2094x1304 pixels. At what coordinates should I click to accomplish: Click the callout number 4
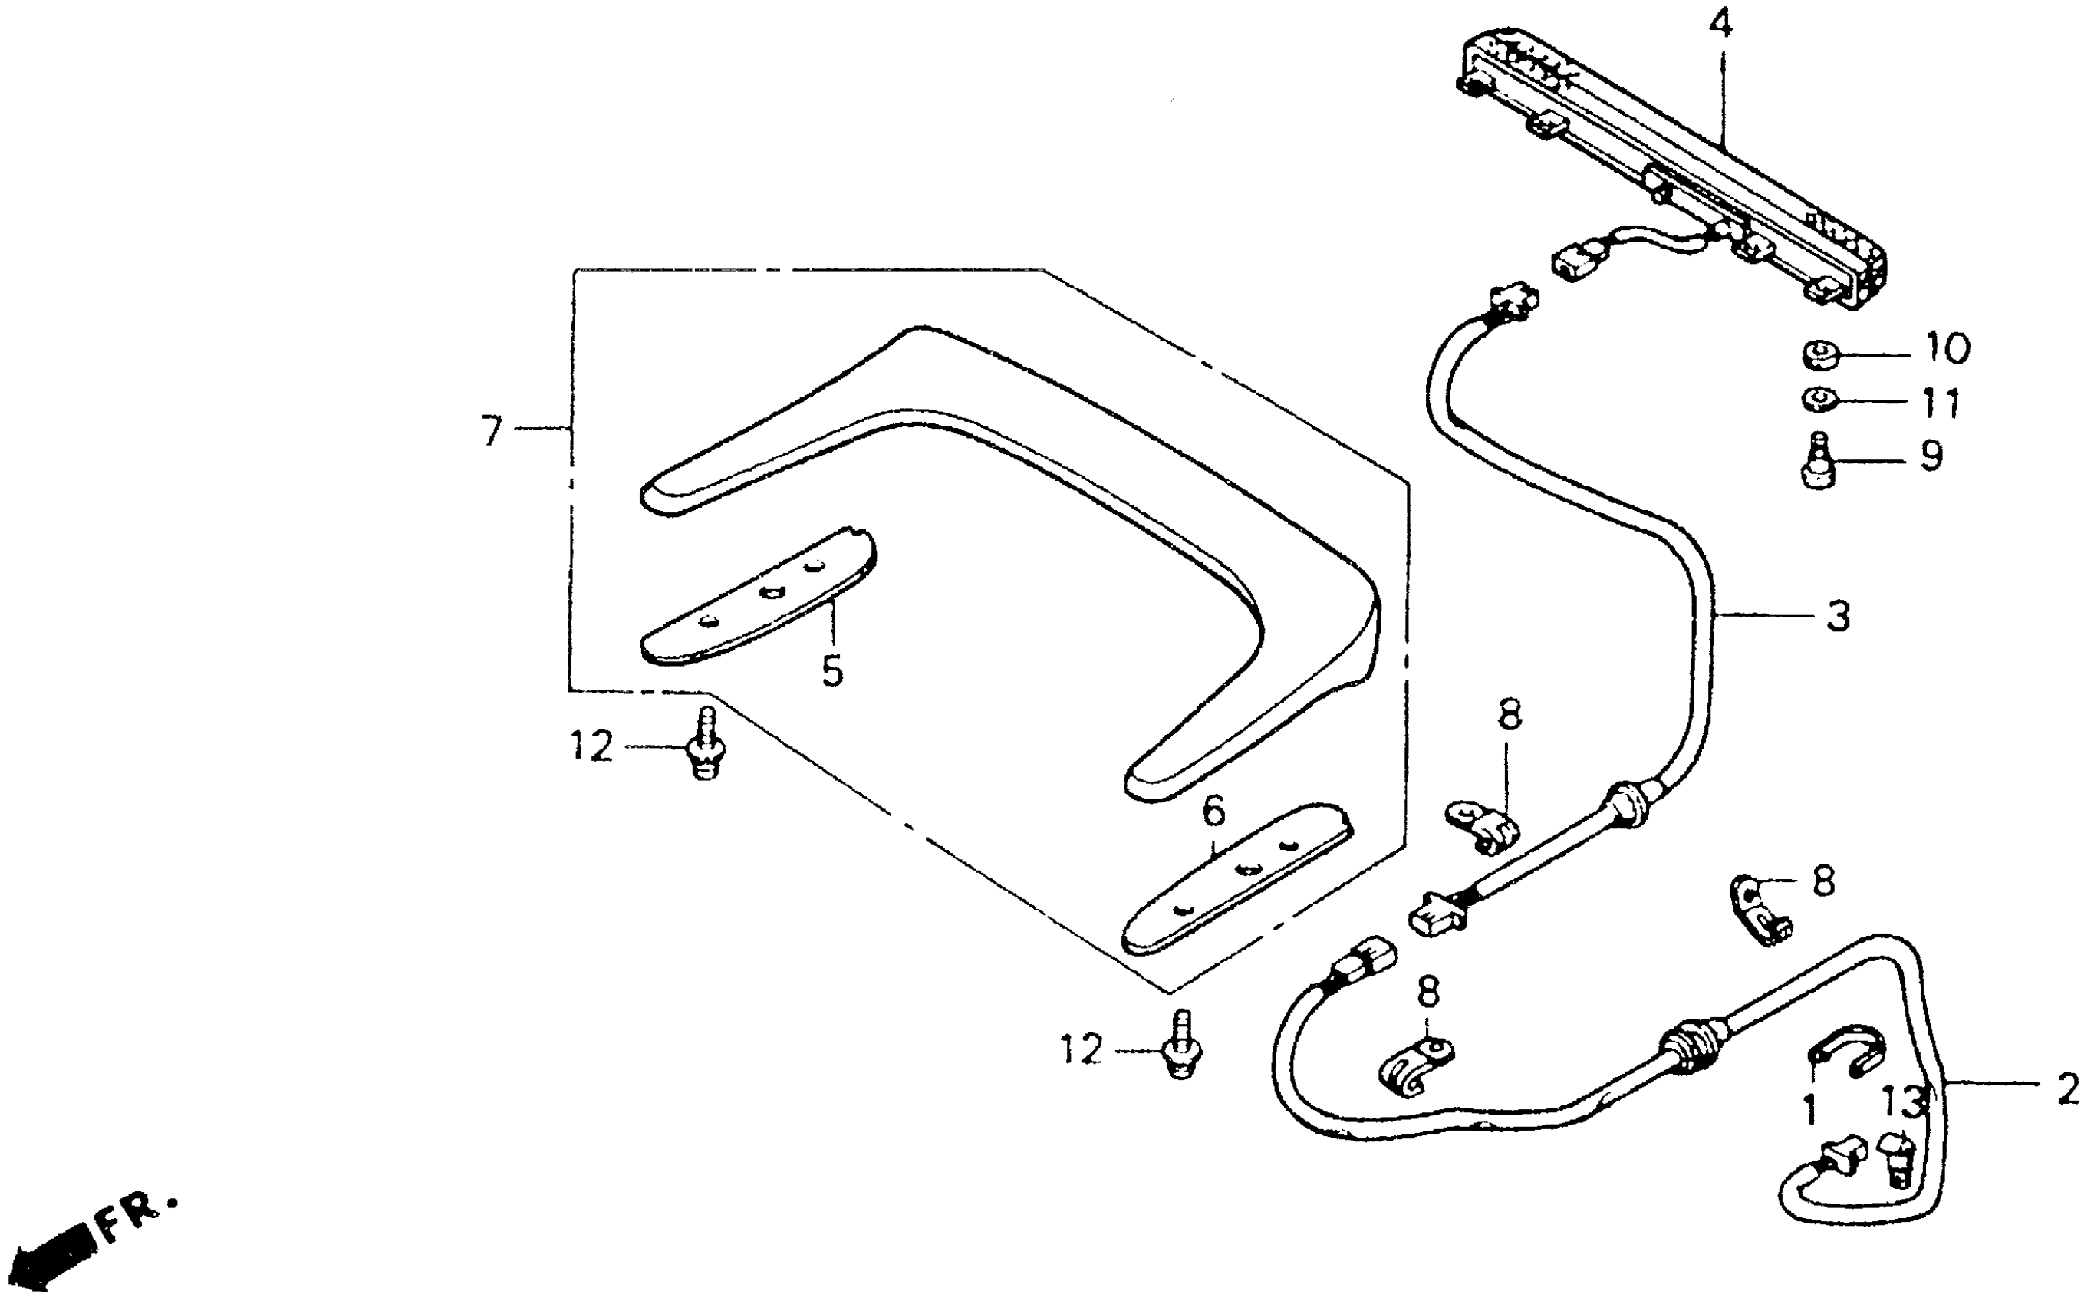click(x=1720, y=26)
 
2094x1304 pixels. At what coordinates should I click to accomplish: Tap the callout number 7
click(x=492, y=430)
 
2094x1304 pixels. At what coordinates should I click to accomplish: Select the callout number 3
click(x=1839, y=617)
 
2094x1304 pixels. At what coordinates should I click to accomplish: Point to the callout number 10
click(x=1947, y=348)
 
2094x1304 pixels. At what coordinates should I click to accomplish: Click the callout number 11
click(x=1941, y=403)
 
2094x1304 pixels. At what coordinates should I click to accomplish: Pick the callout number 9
click(x=1932, y=456)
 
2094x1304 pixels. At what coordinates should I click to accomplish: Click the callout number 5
click(x=832, y=671)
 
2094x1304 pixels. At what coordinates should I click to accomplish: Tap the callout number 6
click(x=1213, y=810)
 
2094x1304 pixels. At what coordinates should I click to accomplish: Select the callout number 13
click(x=1904, y=1101)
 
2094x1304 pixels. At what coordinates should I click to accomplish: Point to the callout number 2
click(x=2068, y=1089)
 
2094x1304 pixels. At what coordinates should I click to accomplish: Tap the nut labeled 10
click(x=1819, y=354)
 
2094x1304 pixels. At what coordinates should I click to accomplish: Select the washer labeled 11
click(x=1818, y=400)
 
